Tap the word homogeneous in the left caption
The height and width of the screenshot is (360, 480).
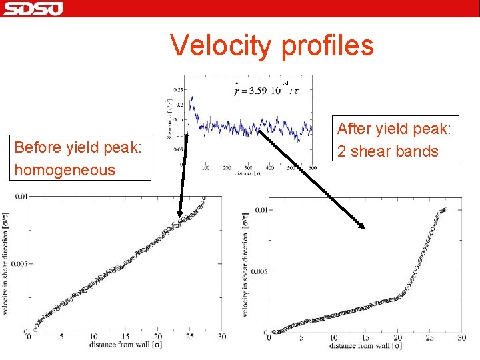(65, 170)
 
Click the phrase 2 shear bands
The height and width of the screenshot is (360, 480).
(387, 151)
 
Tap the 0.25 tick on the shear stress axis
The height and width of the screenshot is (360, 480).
(178, 89)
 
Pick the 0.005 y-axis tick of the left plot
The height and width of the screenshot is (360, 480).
(18, 264)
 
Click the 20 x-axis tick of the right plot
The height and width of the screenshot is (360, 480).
(398, 337)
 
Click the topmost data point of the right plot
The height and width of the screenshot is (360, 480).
(445, 209)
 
